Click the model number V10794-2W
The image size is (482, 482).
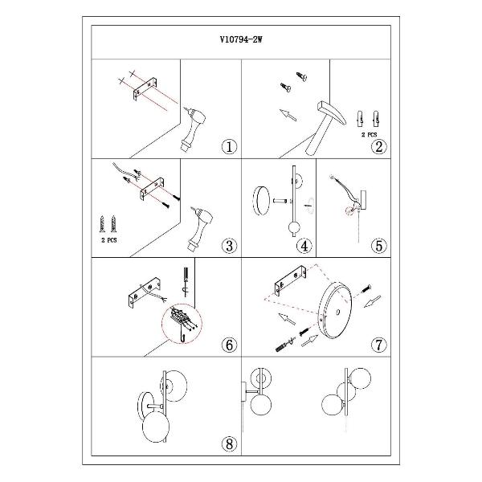241,39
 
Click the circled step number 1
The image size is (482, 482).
229,147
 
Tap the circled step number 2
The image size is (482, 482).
378,147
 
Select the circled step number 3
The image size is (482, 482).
229,246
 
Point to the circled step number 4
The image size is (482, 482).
304,246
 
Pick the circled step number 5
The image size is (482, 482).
378,246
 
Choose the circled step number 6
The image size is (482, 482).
229,345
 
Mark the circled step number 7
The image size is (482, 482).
378,345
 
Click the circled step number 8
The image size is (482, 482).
229,444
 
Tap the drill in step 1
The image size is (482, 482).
193,129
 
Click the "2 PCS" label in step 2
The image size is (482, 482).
369,135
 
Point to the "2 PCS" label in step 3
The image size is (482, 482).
109,240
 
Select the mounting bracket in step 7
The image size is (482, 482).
290,280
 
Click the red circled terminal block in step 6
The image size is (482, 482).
182,324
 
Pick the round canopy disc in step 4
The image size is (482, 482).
260,201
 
